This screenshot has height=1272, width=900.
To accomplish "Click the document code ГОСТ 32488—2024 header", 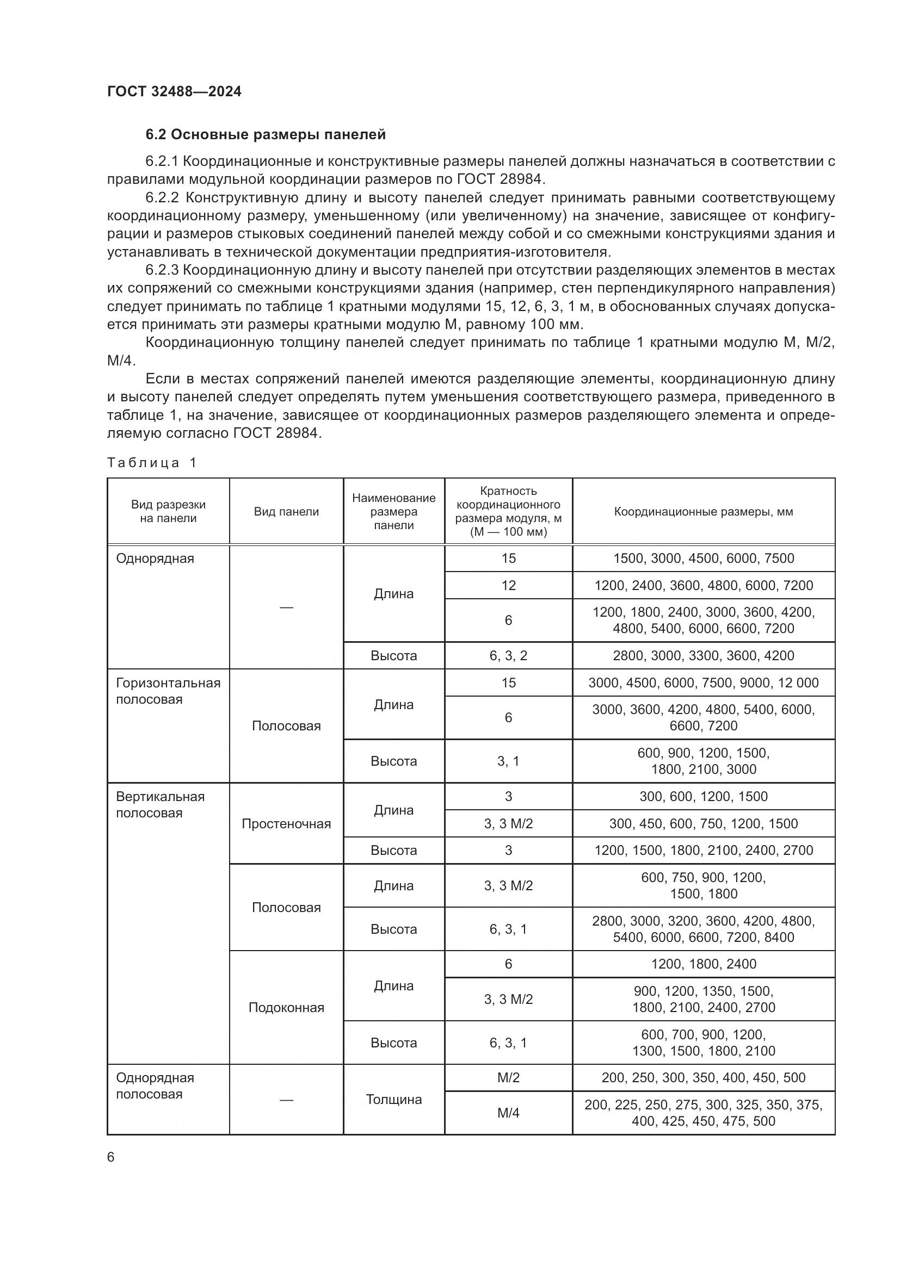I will coord(174,91).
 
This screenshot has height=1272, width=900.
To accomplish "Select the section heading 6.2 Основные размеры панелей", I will coord(266,135).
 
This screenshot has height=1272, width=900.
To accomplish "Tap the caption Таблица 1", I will coord(152,463).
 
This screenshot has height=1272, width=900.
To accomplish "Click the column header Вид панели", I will coord(286,511).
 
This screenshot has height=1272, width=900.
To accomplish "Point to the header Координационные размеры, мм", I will coord(702,511).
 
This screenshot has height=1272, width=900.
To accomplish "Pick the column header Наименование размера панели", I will coord(393,511).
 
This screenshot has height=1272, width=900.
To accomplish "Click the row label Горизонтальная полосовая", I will coord(168,691).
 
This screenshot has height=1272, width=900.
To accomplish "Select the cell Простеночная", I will coord(286,824).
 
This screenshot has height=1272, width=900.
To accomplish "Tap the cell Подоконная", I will coord(286,1008).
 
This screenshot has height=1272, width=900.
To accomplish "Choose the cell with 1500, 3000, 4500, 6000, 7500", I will coord(703,559).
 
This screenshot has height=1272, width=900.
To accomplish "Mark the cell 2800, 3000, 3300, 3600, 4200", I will coord(703,655).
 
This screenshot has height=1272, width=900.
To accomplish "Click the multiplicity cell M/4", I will coord(508,1114).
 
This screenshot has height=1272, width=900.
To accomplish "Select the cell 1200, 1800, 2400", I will coord(703,964).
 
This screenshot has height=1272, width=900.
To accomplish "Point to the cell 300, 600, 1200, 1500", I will coord(703,797).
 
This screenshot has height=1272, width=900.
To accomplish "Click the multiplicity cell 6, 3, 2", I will coord(508,655).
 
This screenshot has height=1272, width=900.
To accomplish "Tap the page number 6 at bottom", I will coord(111,1157).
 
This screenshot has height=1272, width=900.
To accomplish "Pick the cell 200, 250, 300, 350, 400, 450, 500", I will coord(703,1077).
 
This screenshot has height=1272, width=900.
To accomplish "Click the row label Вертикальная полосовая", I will coord(160,804).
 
